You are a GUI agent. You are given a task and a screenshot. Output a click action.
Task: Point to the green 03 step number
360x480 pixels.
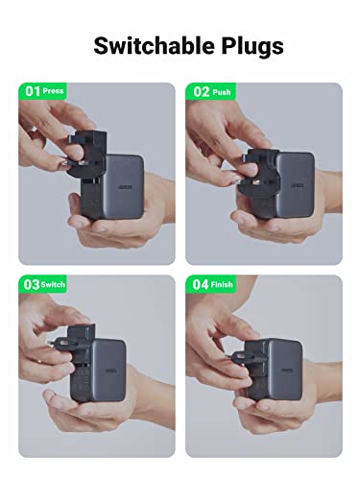[31, 286]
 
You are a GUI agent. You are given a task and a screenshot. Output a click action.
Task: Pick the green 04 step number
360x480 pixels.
[198, 286]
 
